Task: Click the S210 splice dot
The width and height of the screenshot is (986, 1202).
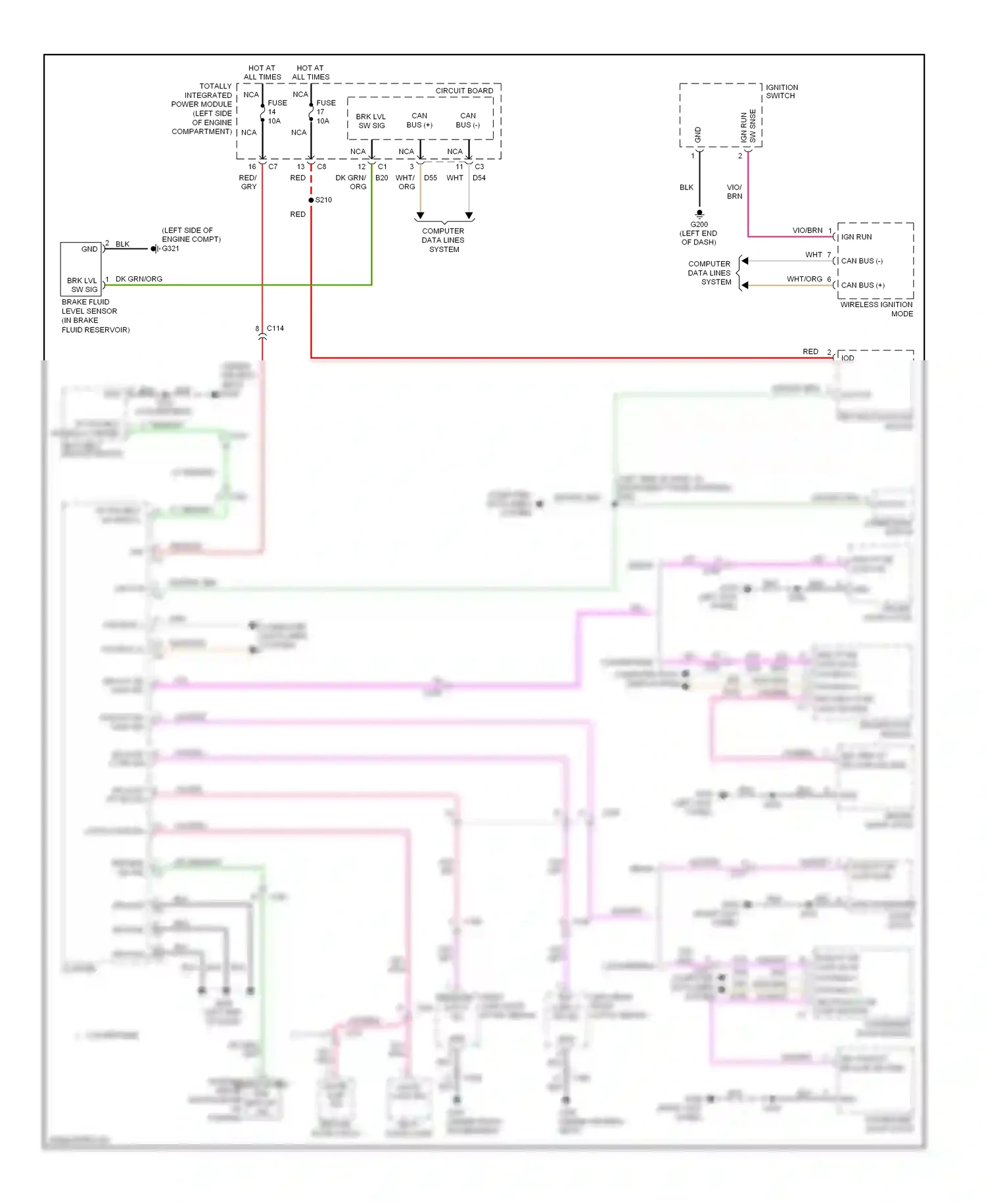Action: tap(311, 200)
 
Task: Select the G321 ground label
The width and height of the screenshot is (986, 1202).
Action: tap(170, 249)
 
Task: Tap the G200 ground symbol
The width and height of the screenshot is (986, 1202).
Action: tap(699, 214)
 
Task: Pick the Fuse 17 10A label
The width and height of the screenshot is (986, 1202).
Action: tap(325, 112)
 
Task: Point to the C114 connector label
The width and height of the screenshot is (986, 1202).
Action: tap(275, 328)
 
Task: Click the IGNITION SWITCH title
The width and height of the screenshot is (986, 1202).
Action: tap(782, 91)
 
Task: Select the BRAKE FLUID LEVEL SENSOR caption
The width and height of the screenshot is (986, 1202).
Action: tap(95, 316)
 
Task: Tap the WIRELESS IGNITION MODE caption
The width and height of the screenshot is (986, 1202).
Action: tap(876, 309)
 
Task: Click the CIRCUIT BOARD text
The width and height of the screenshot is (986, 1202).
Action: tap(464, 91)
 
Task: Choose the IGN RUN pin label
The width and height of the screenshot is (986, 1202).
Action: tap(856, 237)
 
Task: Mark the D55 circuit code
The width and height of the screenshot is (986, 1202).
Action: tap(431, 178)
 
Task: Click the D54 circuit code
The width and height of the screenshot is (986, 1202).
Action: tap(479, 178)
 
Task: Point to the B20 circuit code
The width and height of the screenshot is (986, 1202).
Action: tap(381, 178)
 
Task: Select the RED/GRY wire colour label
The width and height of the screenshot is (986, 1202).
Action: tap(248, 182)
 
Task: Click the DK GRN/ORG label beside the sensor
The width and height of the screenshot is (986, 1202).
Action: tap(139, 279)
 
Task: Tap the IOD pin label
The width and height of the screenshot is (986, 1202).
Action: tap(848, 358)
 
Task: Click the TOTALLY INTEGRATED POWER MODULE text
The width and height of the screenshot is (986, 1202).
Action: tap(202, 108)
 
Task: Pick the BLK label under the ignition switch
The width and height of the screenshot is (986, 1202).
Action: tap(686, 187)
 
